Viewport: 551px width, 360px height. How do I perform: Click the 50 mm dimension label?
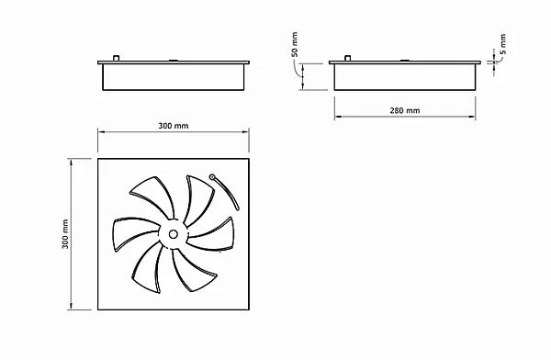click(x=295, y=45)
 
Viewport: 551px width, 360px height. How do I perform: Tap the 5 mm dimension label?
click(x=503, y=44)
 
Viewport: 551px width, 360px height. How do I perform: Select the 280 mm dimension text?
click(x=405, y=110)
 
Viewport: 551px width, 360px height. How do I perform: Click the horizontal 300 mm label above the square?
click(x=174, y=126)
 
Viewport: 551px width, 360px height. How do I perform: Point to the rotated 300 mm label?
click(x=65, y=234)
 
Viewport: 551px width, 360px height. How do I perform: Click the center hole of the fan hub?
click(x=173, y=234)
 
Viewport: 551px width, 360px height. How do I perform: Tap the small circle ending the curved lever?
click(x=212, y=177)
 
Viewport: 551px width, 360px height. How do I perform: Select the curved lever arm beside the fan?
click(x=227, y=193)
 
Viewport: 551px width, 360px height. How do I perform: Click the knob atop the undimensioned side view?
click(x=116, y=58)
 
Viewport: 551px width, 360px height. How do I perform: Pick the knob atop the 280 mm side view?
click(x=347, y=58)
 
